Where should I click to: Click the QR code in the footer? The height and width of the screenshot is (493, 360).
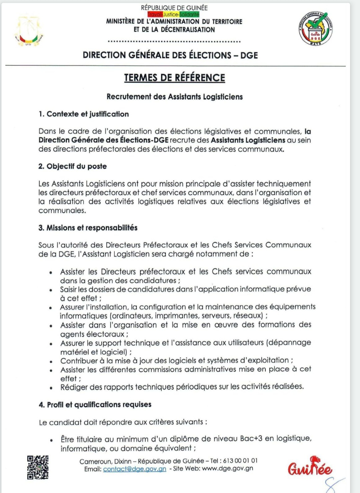pyautogui.click(x=38, y=467)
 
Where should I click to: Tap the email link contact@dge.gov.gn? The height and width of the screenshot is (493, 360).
pyautogui.click(x=135, y=469)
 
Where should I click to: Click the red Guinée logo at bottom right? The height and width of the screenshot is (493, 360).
pyautogui.click(x=310, y=467)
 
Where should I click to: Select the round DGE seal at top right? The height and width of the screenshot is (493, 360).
pyautogui.click(x=315, y=28)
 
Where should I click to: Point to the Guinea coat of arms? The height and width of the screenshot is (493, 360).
pyautogui.click(x=29, y=30)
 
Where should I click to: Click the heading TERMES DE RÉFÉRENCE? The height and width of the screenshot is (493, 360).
pyautogui.click(x=175, y=78)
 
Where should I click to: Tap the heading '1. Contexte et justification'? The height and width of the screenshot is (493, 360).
pyautogui.click(x=84, y=114)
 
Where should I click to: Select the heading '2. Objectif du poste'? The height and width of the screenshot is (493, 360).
pyautogui.click(x=73, y=166)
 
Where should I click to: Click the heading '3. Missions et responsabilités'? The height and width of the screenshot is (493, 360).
pyautogui.click(x=88, y=228)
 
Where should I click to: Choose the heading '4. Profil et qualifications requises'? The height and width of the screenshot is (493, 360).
pyautogui.click(x=95, y=405)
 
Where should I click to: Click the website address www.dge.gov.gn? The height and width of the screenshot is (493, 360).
pyautogui.click(x=228, y=468)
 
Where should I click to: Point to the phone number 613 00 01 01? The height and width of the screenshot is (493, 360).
pyautogui.click(x=240, y=461)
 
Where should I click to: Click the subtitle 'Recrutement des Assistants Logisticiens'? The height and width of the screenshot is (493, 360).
pyautogui.click(x=175, y=97)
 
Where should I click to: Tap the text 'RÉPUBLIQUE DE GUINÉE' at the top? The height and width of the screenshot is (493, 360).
pyautogui.click(x=174, y=8)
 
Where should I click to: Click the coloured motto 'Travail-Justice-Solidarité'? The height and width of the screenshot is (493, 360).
pyautogui.click(x=173, y=14)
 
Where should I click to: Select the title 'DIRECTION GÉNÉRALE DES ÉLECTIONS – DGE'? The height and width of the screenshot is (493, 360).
pyautogui.click(x=170, y=55)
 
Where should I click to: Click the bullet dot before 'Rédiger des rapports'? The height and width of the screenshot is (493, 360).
pyautogui.click(x=51, y=388)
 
